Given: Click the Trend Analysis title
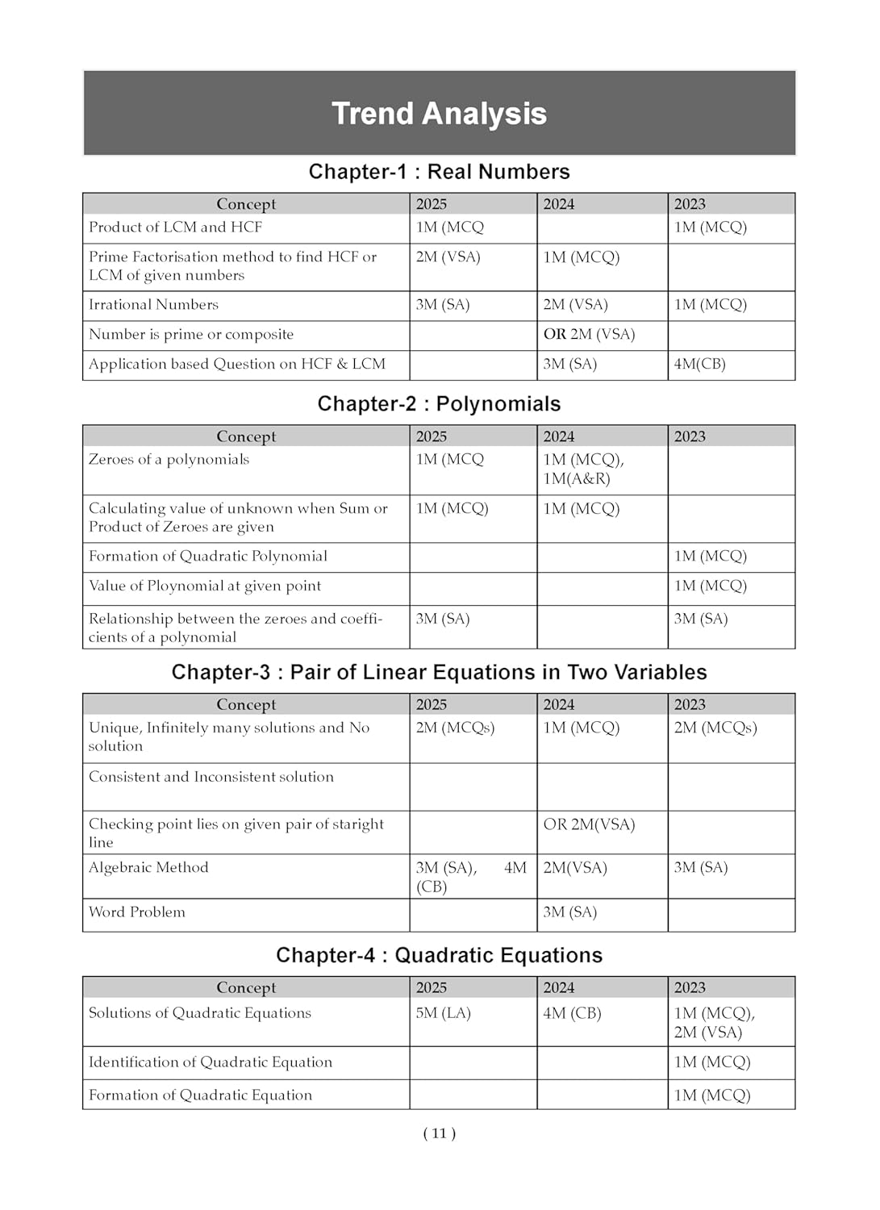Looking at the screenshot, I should point(439,114).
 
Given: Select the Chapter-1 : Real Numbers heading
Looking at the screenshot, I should point(439,172).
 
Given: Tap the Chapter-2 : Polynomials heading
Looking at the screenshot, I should point(439,404).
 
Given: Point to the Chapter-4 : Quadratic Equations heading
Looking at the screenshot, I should point(439,956).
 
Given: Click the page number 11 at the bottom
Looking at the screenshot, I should point(439,1133).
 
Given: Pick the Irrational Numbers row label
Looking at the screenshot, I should point(153,305).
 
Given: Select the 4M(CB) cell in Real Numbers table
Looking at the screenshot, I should point(699,365).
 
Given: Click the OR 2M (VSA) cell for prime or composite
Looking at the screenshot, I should point(589,335).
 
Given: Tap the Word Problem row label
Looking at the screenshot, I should point(137,912).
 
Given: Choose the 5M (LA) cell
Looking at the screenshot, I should point(443,1013).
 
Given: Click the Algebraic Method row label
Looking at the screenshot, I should point(148,868).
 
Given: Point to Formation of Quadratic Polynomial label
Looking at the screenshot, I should point(208,557).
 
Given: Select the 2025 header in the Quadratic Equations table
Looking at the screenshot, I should point(432,988).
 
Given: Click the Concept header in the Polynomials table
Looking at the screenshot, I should point(246,436).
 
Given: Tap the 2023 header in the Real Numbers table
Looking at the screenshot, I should point(690,204).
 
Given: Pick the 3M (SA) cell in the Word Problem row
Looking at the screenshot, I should point(569,912).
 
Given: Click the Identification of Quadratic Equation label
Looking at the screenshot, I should point(211,1062).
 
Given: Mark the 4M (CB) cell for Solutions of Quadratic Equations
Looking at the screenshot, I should point(572,1013).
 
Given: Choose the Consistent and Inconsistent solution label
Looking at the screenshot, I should point(211,777).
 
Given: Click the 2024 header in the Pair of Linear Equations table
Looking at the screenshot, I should point(559,704).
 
